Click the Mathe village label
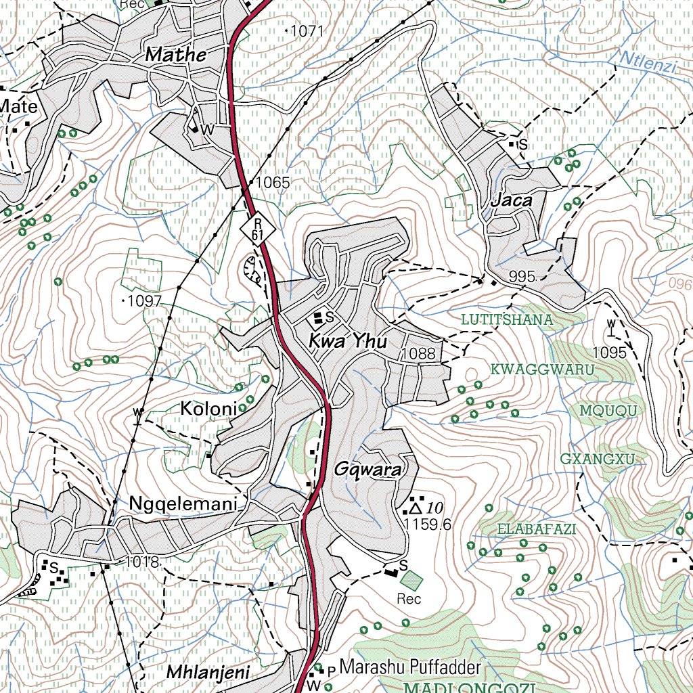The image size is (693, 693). (x=176, y=55)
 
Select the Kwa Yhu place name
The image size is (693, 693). (x=348, y=342)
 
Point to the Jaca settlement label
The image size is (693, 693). (x=511, y=201)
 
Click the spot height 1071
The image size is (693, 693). (x=307, y=30)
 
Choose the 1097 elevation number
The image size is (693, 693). (x=143, y=300)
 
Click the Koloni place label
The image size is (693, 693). (x=208, y=409)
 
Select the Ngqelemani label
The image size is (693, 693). (x=183, y=504)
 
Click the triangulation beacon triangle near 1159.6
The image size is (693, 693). (x=416, y=507)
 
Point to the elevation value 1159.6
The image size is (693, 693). (x=427, y=524)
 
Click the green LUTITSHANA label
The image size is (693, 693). (x=507, y=319)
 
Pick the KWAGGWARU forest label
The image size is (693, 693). (x=542, y=370)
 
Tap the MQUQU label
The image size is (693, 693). (x=608, y=411)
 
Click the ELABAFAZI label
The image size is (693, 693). (x=537, y=529)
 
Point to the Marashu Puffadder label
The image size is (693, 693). (x=410, y=667)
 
